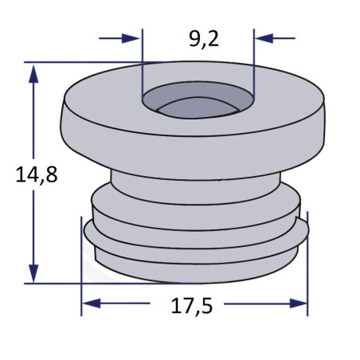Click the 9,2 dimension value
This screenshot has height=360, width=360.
click(x=204, y=40)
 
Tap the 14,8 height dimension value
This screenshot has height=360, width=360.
click(x=37, y=175)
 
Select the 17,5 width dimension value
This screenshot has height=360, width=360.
click(x=192, y=306)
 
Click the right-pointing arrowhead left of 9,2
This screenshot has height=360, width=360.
click(x=131, y=38)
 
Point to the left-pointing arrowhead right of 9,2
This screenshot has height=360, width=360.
click(x=264, y=38)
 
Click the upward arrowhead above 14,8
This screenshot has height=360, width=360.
click(x=33, y=74)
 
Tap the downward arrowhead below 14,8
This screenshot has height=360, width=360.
click(x=33, y=273)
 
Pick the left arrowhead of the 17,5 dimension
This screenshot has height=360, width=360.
click(x=92, y=303)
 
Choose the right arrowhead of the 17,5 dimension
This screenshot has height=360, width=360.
click(x=299, y=303)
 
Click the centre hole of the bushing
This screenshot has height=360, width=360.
click(x=198, y=100)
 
